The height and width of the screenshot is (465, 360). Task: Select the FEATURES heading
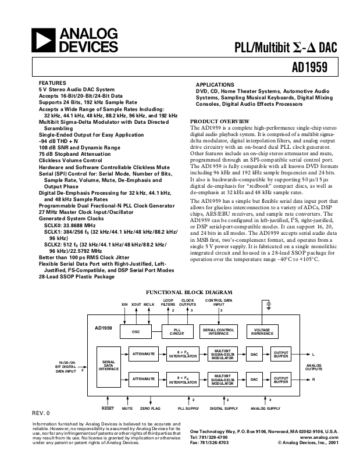click(52, 83)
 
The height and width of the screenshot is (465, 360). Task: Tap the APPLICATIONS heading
click(215, 85)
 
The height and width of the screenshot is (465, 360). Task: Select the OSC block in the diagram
click(136, 332)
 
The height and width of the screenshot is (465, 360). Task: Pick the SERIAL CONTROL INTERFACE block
click(219, 332)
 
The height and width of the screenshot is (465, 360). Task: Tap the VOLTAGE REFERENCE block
click(262, 332)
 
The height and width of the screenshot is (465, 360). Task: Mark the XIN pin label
click(124, 304)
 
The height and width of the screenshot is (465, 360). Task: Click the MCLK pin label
click(149, 304)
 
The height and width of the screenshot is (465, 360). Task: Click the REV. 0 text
click(41, 413)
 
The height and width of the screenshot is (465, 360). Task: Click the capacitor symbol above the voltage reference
click(269, 305)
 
